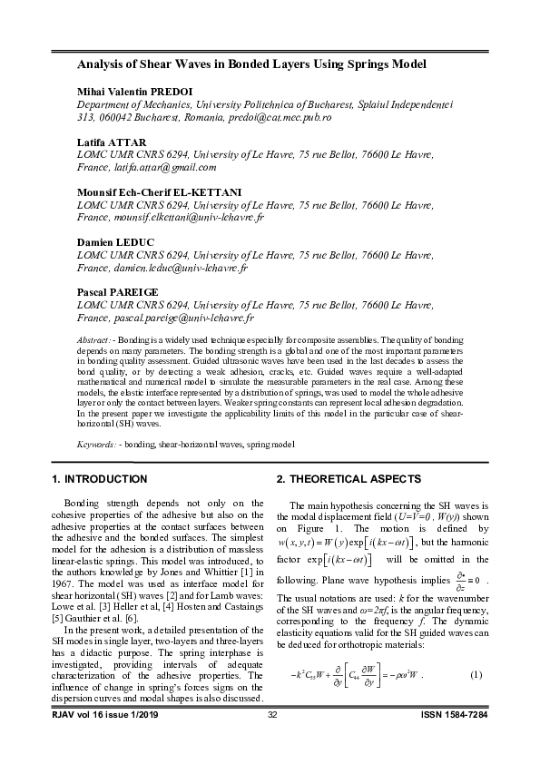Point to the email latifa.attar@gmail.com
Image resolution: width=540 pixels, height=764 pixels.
(x=162, y=167)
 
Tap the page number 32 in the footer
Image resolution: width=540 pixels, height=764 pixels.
(x=271, y=742)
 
